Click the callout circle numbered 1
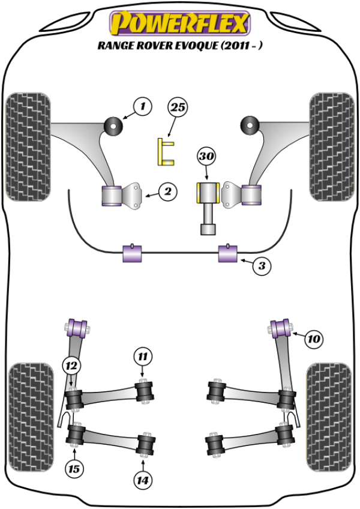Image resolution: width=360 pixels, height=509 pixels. click(143, 108)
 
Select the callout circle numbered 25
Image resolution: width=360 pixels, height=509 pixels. click(178, 108)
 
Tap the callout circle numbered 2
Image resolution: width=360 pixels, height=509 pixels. click(168, 192)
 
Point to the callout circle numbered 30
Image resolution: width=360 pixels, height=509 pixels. click(206, 157)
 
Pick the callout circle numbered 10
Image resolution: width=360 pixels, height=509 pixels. click(313, 339)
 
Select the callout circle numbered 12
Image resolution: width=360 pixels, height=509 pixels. click(71, 364)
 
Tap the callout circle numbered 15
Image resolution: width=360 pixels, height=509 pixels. click(74, 468)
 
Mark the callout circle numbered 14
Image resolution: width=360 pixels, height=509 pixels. click(143, 480)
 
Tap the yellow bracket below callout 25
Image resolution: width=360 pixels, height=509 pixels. click(164, 151)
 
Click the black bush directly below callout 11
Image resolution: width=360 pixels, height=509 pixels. click(145, 391)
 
